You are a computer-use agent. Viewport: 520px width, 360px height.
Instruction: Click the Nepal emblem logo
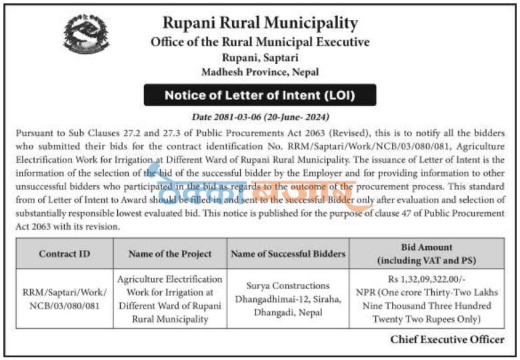click(86, 35)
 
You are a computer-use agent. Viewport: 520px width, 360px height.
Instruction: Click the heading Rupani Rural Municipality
click(260, 23)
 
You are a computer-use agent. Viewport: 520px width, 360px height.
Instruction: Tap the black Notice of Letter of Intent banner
click(260, 95)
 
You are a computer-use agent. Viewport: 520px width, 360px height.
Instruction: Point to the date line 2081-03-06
click(260, 116)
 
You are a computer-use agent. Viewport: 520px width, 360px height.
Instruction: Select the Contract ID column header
click(64, 254)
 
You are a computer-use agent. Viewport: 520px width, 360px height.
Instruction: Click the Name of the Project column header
click(169, 254)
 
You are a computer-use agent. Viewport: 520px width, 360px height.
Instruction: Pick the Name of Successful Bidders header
click(288, 254)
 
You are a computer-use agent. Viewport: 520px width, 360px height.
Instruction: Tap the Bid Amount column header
click(427, 253)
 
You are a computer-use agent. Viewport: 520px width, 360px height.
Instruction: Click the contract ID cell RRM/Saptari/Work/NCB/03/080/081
click(64, 298)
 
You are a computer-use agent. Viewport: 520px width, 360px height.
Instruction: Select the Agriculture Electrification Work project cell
click(169, 298)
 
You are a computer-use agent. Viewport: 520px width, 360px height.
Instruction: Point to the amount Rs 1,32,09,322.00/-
click(427, 279)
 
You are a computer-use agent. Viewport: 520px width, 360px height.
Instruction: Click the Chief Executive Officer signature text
click(447, 339)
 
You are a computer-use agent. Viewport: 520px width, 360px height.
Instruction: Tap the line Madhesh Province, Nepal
click(260, 71)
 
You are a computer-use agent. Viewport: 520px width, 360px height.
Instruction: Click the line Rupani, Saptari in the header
click(260, 57)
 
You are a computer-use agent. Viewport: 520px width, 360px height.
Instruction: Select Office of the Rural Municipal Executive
click(260, 41)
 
